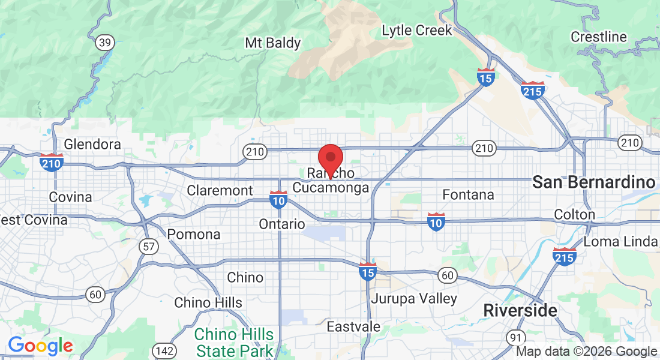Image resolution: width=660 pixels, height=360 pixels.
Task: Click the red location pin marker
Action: click(x=330, y=157)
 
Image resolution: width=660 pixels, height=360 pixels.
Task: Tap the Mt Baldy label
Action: click(x=273, y=43)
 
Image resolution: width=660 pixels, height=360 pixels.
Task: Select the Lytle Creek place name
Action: click(x=416, y=30)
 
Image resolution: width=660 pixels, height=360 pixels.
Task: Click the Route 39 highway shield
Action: click(x=105, y=43)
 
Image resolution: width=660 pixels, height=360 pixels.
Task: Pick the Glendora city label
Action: click(x=92, y=145)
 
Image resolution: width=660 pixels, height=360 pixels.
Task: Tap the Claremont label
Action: click(x=220, y=190)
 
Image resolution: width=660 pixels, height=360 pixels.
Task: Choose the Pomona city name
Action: click(x=194, y=234)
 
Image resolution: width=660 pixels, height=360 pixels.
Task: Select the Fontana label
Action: click(x=468, y=195)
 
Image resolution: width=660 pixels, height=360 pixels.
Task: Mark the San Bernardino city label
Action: click(x=593, y=182)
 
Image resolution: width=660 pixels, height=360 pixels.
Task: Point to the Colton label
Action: click(x=575, y=214)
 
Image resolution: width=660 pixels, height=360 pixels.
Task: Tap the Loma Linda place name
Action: click(x=620, y=242)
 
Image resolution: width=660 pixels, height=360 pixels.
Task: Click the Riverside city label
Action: click(x=520, y=311)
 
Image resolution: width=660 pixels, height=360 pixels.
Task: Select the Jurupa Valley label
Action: click(x=414, y=298)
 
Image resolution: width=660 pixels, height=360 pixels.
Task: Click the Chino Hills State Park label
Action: click(x=234, y=342)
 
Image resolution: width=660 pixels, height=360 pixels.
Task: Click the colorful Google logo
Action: click(x=40, y=346)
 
